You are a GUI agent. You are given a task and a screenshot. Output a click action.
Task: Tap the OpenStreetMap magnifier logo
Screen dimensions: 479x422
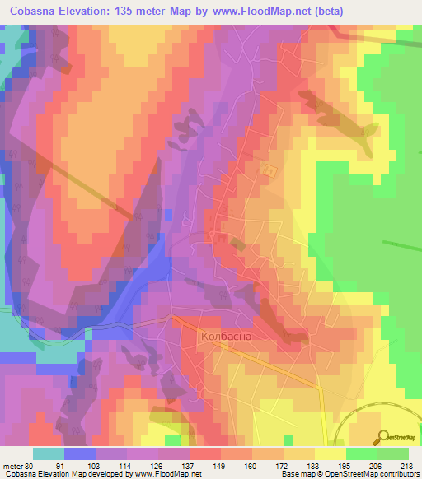coord(384,437)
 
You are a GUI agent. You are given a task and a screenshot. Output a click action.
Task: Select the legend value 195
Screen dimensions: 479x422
coord(346,466)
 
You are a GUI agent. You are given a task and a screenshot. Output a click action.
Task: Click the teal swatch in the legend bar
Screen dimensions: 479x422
coord(48,453)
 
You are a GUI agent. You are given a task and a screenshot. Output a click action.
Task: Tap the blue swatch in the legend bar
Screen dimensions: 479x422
coord(79,453)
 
